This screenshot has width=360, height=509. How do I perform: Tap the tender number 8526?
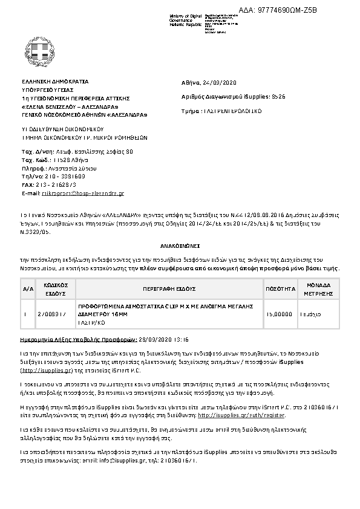[x=279, y=97]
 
